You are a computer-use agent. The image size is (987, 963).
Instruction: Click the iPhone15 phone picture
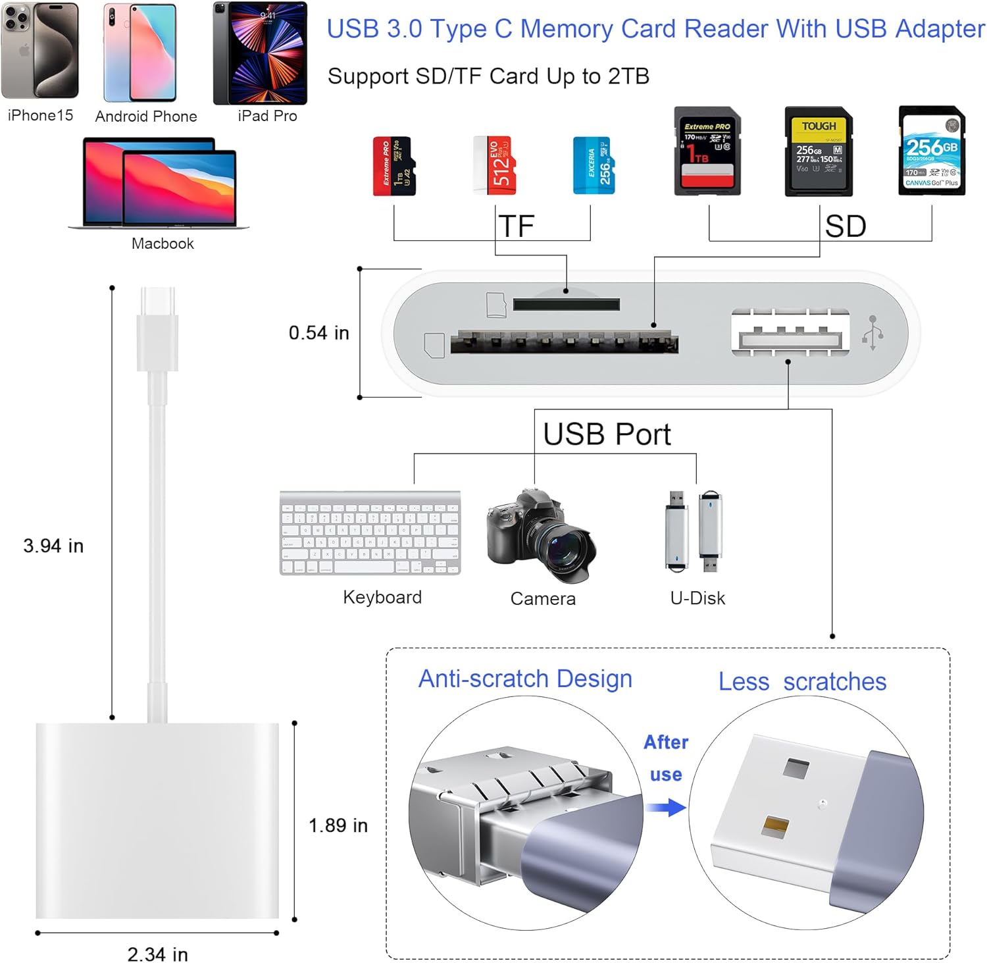click(x=39, y=51)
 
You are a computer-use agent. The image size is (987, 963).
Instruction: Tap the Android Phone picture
click(x=139, y=53)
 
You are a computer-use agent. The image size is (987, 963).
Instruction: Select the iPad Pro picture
click(x=260, y=53)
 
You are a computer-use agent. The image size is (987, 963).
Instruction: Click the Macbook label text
click(x=163, y=244)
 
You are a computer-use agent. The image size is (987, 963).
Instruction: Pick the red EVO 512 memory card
click(x=494, y=165)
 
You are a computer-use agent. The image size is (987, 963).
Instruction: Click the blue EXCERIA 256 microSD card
click(x=594, y=165)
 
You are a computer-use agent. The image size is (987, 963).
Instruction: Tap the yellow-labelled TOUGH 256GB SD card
click(x=819, y=152)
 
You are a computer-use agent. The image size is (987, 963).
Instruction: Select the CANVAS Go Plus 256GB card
click(x=932, y=151)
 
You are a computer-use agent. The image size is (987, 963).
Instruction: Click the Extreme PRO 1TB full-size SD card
click(x=707, y=151)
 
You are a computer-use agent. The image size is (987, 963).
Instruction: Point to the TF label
click(x=517, y=226)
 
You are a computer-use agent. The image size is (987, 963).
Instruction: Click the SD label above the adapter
click(x=846, y=226)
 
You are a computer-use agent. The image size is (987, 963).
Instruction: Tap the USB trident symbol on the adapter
click(x=873, y=332)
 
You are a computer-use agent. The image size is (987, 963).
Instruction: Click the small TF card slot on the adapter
click(x=566, y=304)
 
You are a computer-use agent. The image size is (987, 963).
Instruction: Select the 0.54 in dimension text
click(x=319, y=333)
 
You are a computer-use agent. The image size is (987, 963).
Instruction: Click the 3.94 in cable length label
click(x=53, y=546)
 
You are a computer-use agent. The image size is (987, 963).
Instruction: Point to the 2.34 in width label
click(x=157, y=954)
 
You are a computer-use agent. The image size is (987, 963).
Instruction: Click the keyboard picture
click(x=370, y=533)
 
